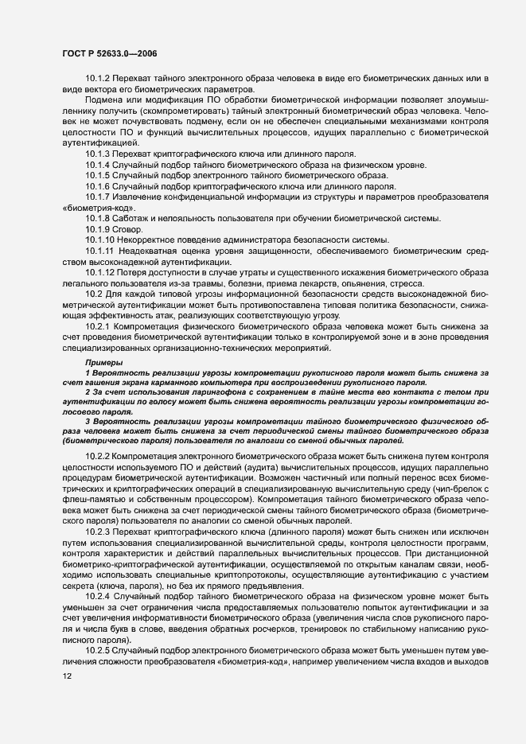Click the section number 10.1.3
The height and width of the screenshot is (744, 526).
pyautogui.click(x=98, y=153)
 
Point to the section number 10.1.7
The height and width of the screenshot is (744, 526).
pyautogui.click(x=98, y=197)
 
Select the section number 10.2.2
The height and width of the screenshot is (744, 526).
pyautogui.click(x=98, y=455)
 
